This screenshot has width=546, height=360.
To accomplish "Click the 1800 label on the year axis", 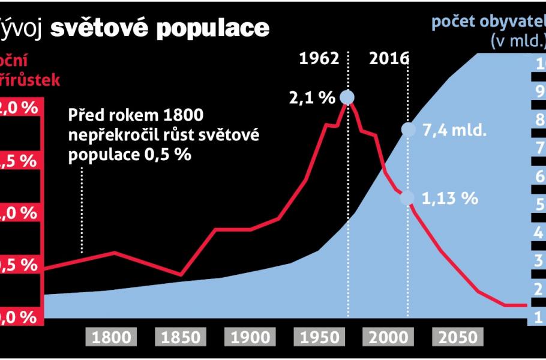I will pyautogui.click(x=112, y=337).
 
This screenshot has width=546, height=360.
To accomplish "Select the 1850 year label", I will pyautogui.click(x=181, y=337).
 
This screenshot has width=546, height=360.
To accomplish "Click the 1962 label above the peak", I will pyautogui.click(x=319, y=59).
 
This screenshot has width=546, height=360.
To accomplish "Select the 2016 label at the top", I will pyautogui.click(x=389, y=59).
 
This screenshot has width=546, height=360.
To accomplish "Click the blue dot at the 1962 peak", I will pyautogui.click(x=347, y=97).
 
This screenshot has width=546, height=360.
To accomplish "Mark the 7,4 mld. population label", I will pyautogui.click(x=454, y=130).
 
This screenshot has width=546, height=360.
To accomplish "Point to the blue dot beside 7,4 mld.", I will pyautogui.click(x=408, y=130).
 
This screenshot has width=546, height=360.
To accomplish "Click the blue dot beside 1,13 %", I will pyautogui.click(x=408, y=198).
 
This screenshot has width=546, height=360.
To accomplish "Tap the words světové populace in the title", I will pyautogui.click(x=160, y=28).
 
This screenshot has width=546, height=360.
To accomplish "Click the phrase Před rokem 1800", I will pyautogui.click(x=136, y=115).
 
